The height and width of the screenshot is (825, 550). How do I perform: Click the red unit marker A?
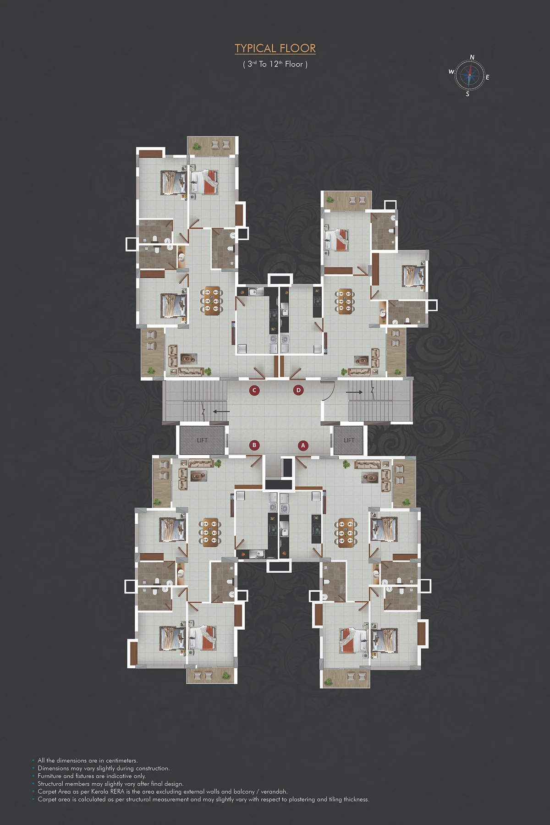pyautogui.click(x=302, y=445)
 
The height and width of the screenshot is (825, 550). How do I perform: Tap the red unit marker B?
pyautogui.click(x=254, y=445)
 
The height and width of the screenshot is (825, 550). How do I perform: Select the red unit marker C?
pyautogui.click(x=254, y=390)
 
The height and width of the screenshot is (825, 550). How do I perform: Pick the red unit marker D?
pyautogui.click(x=298, y=390)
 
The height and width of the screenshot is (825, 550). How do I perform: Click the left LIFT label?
pyautogui.click(x=202, y=440)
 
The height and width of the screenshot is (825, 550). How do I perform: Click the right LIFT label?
pyautogui.click(x=349, y=440)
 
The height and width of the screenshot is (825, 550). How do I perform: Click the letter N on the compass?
pyautogui.click(x=472, y=57)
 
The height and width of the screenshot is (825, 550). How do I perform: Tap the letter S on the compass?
pyautogui.click(x=467, y=94)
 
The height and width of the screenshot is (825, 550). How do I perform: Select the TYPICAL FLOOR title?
pyautogui.click(x=275, y=48)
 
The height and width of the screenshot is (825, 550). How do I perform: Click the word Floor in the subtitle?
pyautogui.click(x=294, y=64)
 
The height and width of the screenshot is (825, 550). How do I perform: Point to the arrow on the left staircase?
pyautogui.click(x=221, y=412)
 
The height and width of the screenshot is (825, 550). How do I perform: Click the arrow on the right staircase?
pyautogui.click(x=354, y=392)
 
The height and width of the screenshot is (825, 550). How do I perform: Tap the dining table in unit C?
pyautogui.click(x=212, y=301)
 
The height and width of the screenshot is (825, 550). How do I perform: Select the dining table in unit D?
pyautogui.click(x=345, y=301)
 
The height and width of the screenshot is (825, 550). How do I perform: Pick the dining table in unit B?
pyautogui.click(x=210, y=533)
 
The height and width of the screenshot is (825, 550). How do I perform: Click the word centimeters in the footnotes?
pyautogui.click(x=121, y=760)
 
